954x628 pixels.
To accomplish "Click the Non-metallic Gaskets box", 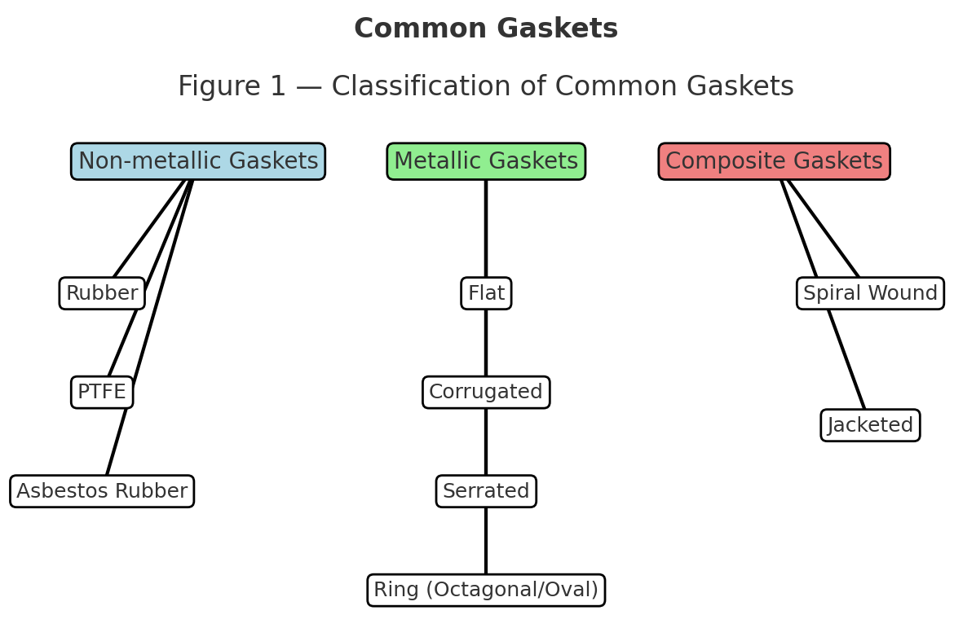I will coord(198,161).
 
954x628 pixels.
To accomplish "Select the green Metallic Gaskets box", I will coord(486,161).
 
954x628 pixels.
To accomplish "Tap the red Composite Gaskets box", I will coord(774,161).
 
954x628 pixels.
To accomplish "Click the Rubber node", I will coord(102,293).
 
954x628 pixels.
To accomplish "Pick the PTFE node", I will coord(102,393).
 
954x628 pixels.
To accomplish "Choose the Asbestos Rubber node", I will coord(102,491).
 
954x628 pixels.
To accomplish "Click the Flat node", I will coord(486,293).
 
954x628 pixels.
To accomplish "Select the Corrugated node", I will coord(486,393).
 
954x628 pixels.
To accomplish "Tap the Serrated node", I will coord(486,491).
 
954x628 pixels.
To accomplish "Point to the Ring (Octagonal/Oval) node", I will coord(486,590).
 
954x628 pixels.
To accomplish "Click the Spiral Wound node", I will coord(870,293).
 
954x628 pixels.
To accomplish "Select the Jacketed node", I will coord(870,425).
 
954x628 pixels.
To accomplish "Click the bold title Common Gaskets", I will coord(486,29).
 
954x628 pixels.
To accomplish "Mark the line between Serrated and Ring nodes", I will coord(486,541).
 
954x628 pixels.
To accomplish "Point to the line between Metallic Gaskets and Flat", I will coord(486,228).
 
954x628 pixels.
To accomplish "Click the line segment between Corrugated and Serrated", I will coord(486,441).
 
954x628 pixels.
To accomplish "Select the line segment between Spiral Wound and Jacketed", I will coord(846,358).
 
